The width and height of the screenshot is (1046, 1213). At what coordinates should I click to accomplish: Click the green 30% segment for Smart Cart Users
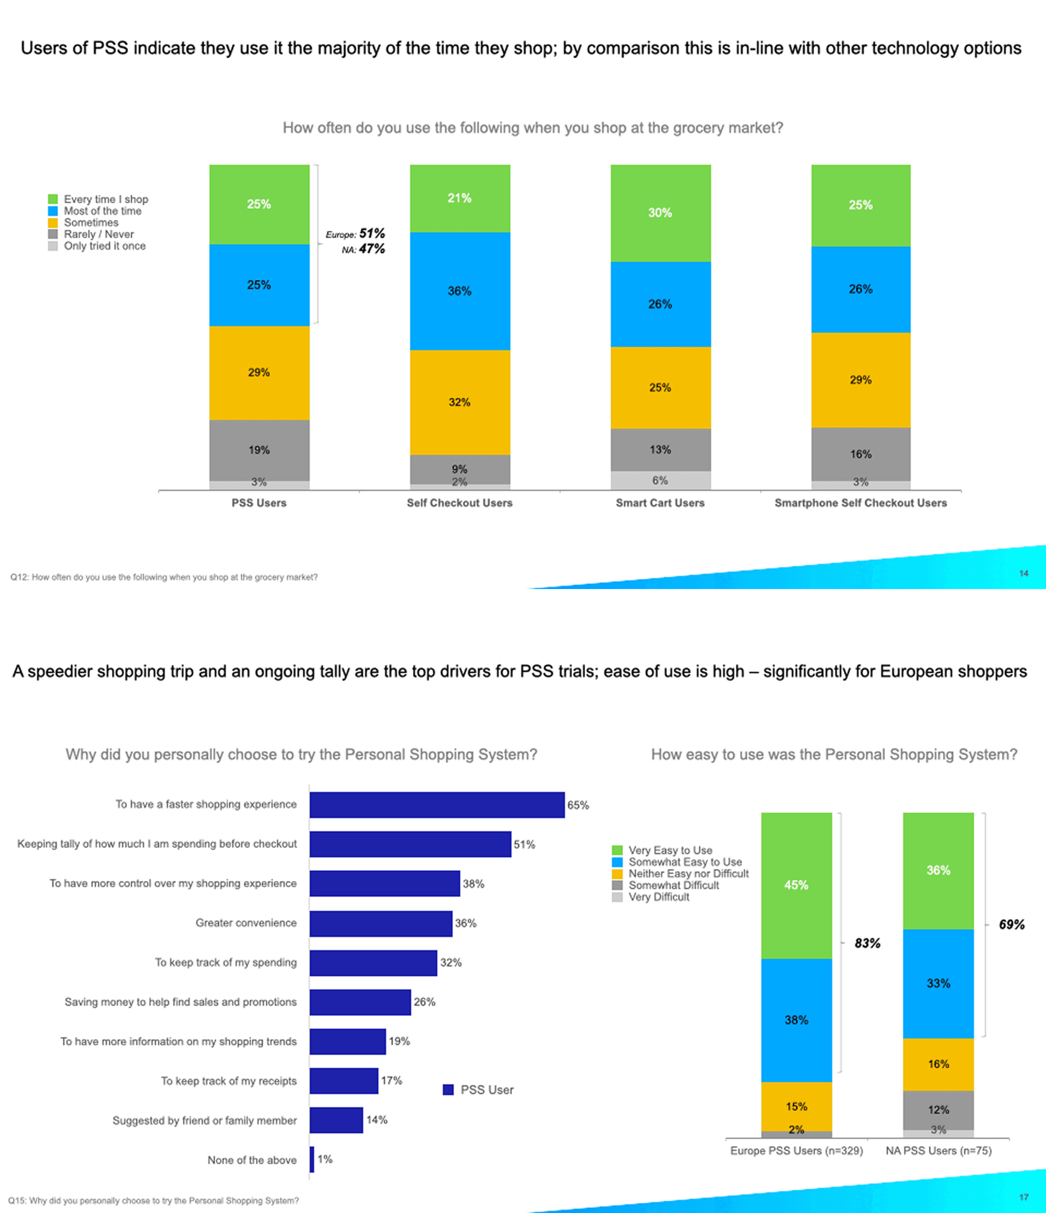[660, 213]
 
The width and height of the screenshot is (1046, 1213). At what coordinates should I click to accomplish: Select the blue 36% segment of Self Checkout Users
[460, 291]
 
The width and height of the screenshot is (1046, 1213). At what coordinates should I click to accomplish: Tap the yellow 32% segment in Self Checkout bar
[460, 402]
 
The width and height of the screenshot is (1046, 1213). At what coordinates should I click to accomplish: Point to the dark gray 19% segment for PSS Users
[259, 449]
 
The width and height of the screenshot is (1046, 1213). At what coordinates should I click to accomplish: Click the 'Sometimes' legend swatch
[53, 223]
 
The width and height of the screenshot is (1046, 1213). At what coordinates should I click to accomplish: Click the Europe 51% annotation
[356, 233]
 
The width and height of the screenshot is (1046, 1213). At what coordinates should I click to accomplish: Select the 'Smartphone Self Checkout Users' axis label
[861, 503]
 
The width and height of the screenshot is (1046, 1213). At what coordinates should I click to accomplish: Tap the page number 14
[1023, 573]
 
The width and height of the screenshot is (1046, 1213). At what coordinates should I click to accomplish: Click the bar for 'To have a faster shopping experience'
[437, 805]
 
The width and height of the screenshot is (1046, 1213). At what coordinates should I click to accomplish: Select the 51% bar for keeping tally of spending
[410, 844]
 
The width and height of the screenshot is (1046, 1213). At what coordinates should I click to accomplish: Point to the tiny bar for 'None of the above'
[312, 1160]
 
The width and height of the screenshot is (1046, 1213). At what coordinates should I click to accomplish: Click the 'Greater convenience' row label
[246, 923]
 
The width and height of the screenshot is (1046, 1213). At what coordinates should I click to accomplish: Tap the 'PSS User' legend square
[448, 1090]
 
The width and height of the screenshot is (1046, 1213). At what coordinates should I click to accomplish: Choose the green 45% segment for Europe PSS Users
[796, 885]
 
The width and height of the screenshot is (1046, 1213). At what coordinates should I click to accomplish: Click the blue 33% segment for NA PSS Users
[939, 983]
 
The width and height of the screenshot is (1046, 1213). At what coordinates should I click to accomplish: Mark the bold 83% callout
[867, 943]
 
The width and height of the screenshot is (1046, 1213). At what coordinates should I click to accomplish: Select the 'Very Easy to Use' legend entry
[670, 850]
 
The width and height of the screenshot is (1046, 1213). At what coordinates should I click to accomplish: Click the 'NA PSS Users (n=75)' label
[939, 1151]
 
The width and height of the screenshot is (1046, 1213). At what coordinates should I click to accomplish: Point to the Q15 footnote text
[153, 1200]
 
